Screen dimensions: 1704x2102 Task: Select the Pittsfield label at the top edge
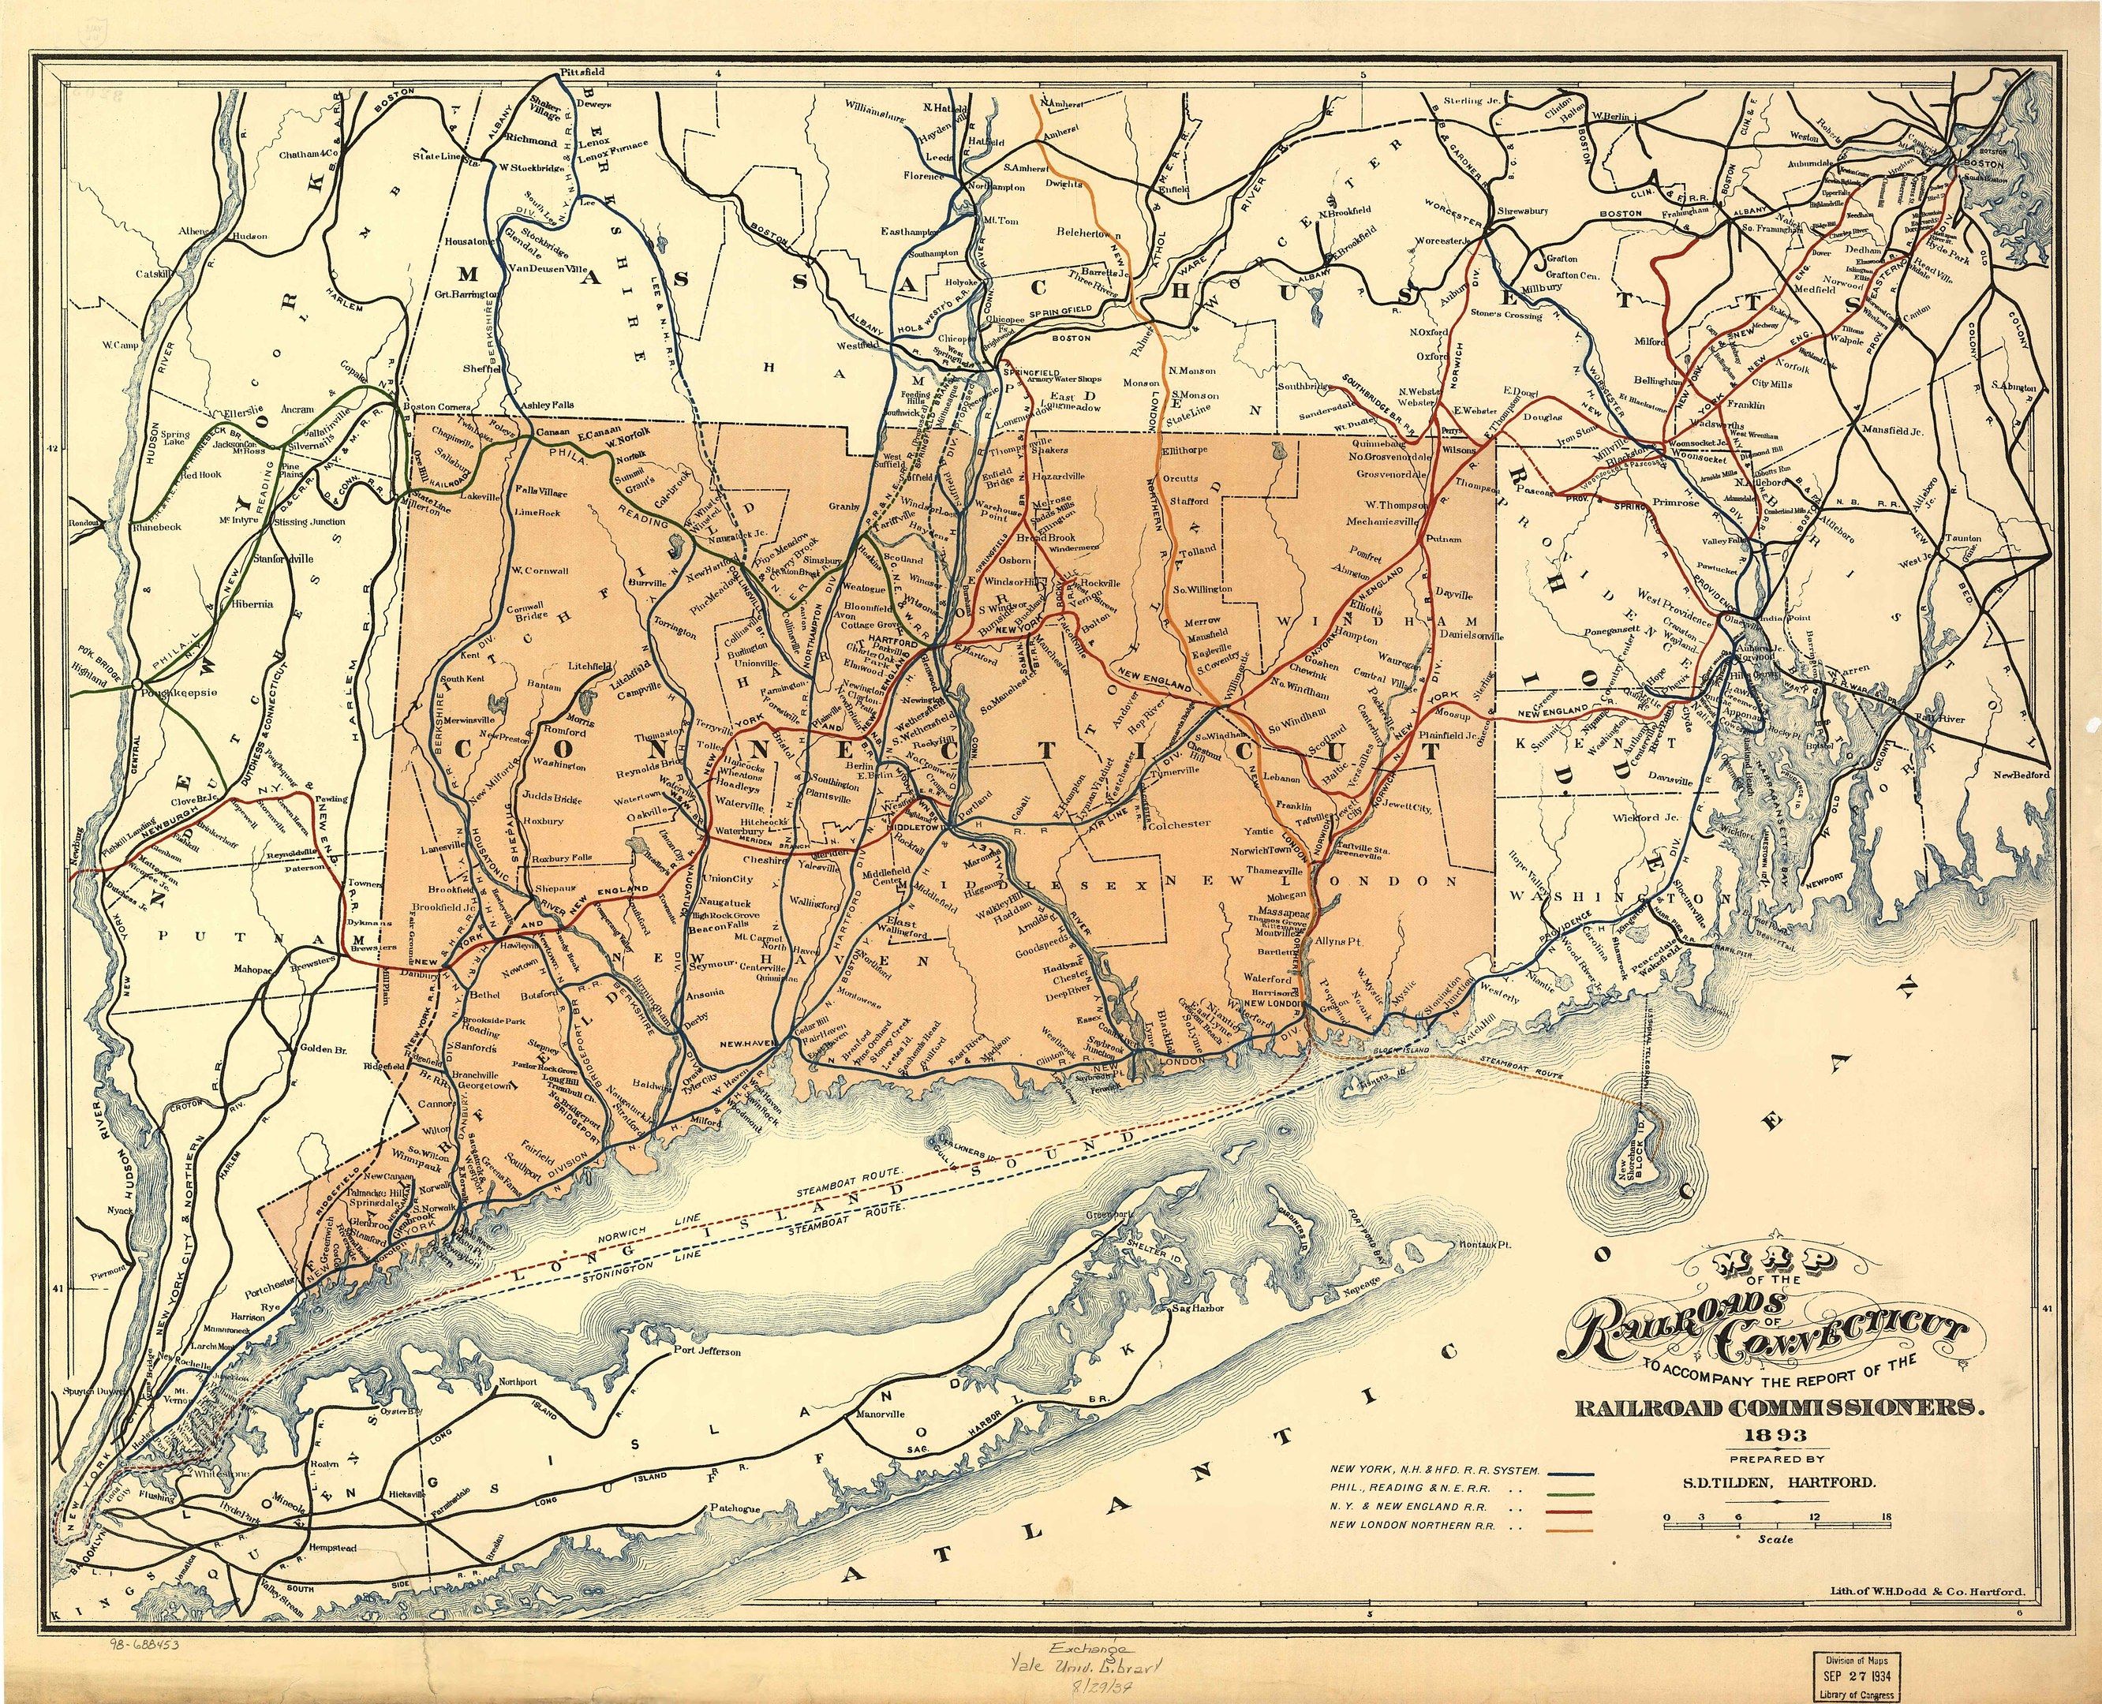582,73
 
